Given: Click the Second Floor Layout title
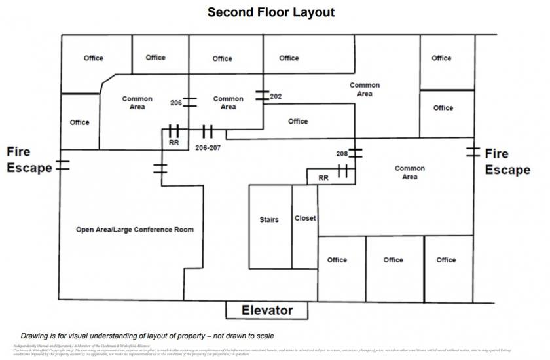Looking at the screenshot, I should point(271,12).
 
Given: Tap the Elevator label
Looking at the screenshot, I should point(266,310).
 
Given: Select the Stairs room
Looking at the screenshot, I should point(269,220).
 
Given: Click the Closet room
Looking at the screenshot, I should point(305,218).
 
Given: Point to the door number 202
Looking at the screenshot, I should point(276,96).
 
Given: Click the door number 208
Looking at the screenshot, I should point(342,154).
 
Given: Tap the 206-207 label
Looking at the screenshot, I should point(208,147).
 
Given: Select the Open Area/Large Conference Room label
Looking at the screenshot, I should point(135,230).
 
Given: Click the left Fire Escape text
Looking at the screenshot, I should point(29,160).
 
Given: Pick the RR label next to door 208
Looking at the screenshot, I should point(323,177).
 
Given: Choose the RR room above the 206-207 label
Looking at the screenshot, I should point(174,141).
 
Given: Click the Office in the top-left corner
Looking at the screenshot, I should point(94,58).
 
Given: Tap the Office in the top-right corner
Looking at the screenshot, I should point(441,58).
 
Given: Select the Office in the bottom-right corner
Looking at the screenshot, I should point(446,260).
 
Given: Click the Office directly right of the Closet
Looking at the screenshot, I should point(337,260).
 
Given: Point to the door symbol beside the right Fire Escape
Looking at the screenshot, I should point(473,153).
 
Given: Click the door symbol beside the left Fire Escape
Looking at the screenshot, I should point(62,164).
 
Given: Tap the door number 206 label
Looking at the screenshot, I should point(176,103).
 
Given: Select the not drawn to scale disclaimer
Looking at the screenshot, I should point(147,336).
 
